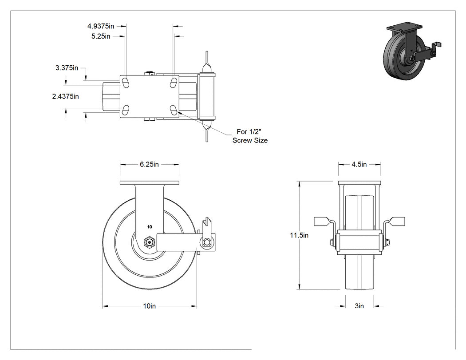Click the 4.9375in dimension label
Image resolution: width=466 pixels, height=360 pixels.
100,26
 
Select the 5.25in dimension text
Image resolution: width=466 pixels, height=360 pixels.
101,36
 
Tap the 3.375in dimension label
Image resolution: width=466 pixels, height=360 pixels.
67,68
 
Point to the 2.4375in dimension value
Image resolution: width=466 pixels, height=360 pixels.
65,96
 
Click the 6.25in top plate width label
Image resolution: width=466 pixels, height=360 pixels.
149,164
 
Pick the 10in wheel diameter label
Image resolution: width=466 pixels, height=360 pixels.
149,306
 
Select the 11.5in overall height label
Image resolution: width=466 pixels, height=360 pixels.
299,235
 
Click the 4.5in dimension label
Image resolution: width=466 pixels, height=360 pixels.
359,164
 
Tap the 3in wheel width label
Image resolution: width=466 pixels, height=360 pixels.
359,306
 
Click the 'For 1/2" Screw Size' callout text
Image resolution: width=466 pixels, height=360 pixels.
250,136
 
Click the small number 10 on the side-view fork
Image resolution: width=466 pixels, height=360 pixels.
150,227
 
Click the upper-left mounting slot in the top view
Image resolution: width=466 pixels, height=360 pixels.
126,83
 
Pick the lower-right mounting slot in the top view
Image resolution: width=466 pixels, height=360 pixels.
174,110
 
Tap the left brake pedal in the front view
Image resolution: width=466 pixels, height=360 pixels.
324,222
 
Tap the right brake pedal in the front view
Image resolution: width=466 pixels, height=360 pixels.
394,222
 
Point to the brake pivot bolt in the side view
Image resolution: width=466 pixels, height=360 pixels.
206,242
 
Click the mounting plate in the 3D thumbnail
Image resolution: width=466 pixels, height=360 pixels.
402,28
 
